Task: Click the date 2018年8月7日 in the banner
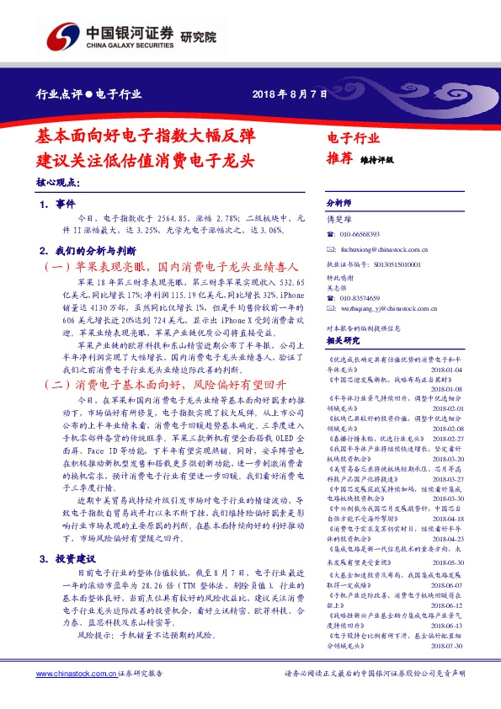point(289,93)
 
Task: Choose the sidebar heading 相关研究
point(343,340)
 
